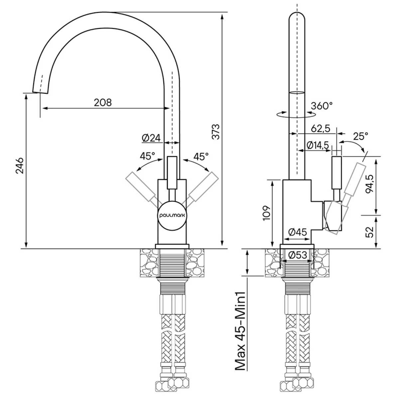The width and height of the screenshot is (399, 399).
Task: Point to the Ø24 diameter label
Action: tap(151, 138)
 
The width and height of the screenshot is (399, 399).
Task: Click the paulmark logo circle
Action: tap(172, 215)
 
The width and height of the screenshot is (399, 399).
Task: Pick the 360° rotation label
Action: tap(322, 106)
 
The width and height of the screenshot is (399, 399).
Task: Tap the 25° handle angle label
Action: tap(361, 136)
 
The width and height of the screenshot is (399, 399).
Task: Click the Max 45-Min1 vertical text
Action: tap(240, 331)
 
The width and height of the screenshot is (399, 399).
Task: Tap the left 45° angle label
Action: tap(147, 156)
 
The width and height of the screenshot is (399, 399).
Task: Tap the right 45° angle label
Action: tap(201, 156)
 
